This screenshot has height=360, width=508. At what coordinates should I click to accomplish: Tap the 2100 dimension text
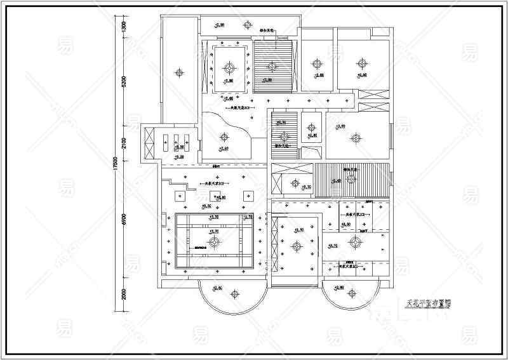(124, 141)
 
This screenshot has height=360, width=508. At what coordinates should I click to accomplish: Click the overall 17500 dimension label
(115, 163)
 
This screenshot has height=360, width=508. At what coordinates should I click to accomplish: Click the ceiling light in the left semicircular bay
(234, 293)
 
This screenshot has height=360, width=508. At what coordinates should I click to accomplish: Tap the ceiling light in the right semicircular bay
(351, 293)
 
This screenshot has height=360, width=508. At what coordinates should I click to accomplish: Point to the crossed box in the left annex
(150, 144)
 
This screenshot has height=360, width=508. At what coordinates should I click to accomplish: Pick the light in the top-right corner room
(363, 62)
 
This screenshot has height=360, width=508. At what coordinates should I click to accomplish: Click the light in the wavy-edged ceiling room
(224, 134)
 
